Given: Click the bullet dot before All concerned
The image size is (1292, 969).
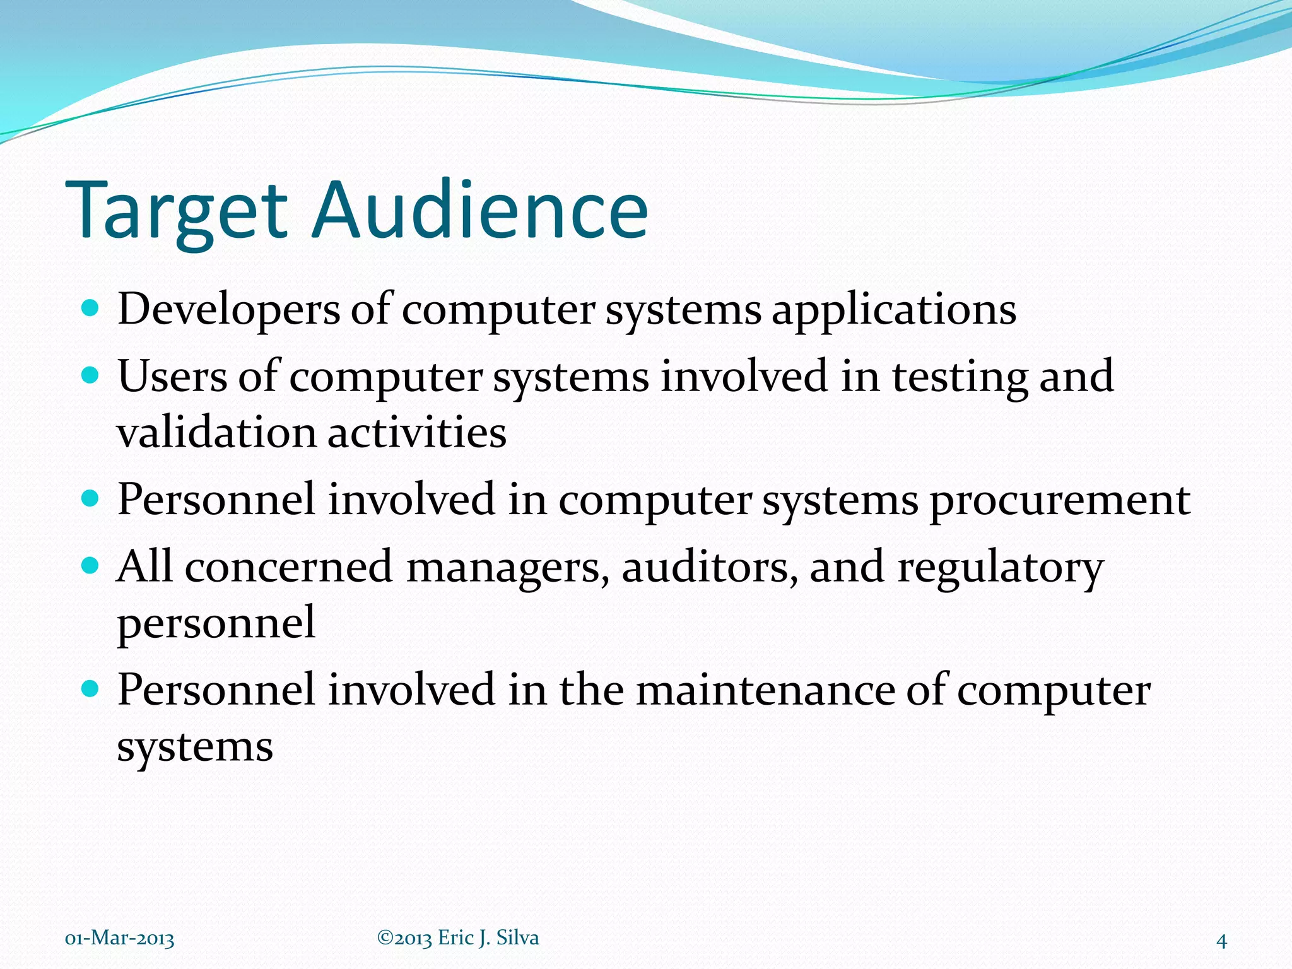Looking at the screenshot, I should [x=91, y=565].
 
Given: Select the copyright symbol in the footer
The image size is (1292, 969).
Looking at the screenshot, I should [x=384, y=937].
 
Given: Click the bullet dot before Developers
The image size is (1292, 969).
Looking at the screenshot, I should [x=91, y=308].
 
